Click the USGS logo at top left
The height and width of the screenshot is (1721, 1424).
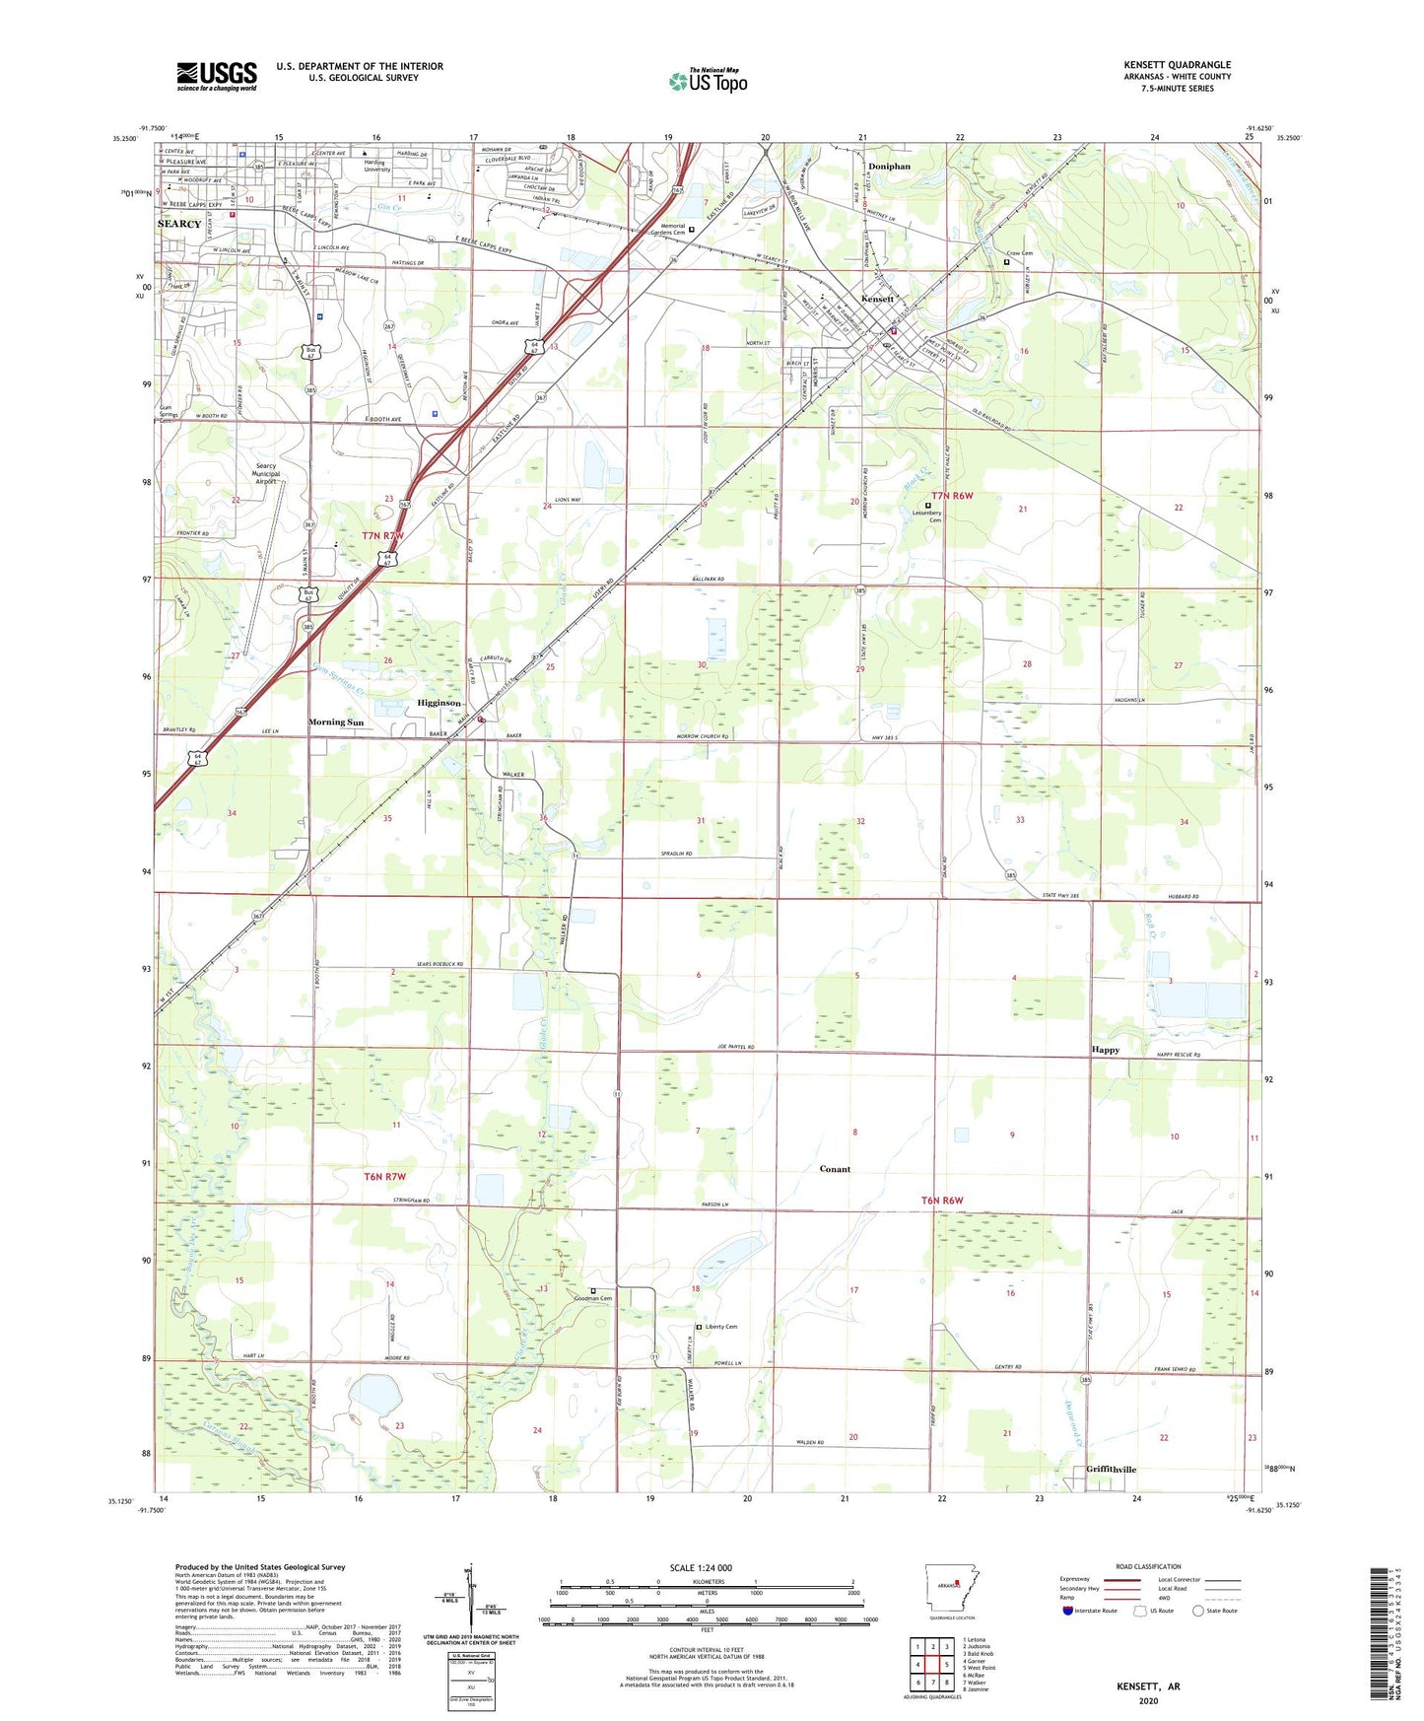(x=217, y=76)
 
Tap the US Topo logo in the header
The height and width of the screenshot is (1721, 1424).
(x=708, y=81)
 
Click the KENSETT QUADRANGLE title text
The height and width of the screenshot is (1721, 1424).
(x=1177, y=65)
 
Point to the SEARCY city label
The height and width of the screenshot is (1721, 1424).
(x=179, y=224)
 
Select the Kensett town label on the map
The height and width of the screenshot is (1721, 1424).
(x=877, y=299)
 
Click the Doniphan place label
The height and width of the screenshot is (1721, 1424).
(x=889, y=167)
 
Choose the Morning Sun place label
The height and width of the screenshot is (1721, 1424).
(x=336, y=723)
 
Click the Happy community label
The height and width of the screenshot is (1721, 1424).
(x=1106, y=1050)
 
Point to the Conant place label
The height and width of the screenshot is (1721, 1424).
(x=835, y=1169)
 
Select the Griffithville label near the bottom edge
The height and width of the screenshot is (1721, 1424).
(x=1111, y=1470)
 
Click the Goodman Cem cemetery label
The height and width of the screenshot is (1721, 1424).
(x=593, y=1298)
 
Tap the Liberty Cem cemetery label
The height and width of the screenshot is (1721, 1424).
(x=721, y=1327)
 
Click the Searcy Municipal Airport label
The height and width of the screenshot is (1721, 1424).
(x=266, y=473)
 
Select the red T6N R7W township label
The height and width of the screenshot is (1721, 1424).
(x=385, y=1177)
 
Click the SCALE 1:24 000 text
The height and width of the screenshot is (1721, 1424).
(x=701, y=1568)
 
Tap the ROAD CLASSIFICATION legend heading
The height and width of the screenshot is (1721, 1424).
(x=1148, y=1566)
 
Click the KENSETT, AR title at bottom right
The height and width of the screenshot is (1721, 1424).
(x=1148, y=1687)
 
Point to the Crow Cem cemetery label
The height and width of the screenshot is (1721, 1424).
(x=1019, y=253)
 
